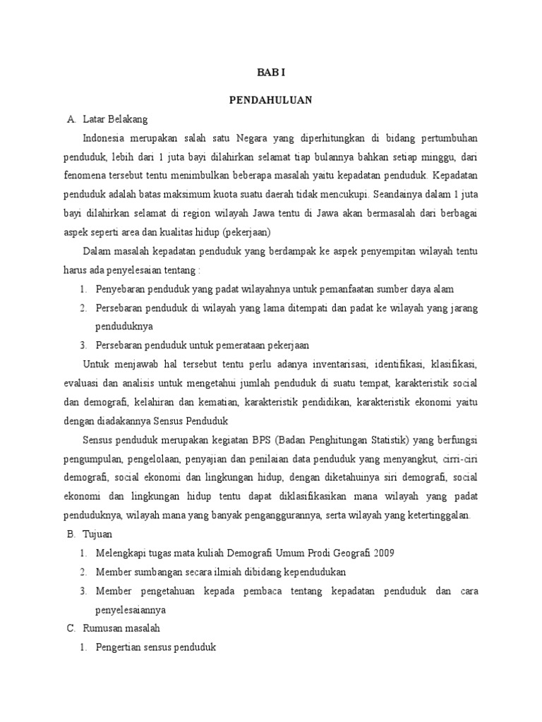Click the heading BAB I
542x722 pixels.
tap(271, 73)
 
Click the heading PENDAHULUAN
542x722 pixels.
tap(271, 100)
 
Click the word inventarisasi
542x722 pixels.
tap(333, 364)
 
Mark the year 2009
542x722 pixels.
tap(385, 553)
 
